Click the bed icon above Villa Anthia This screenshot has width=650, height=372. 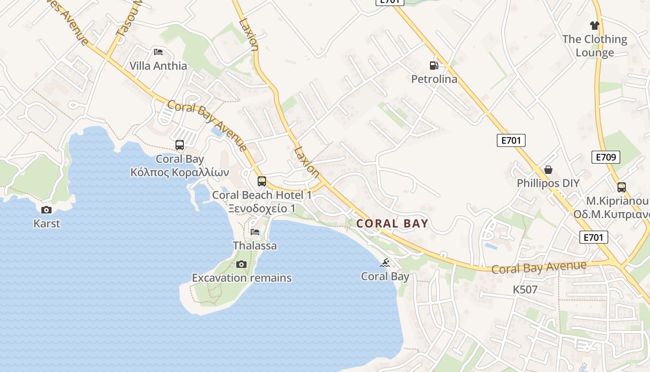pos(158,52)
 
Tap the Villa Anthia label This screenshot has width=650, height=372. pos(158,66)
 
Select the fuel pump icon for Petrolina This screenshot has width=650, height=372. pos(434,66)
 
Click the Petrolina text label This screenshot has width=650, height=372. pos(434,79)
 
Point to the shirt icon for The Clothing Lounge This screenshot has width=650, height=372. pos(595,26)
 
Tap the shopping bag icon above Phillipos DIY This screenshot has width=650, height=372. pos(548,170)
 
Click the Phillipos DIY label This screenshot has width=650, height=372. pos(548,183)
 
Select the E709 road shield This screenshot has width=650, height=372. pos(606,157)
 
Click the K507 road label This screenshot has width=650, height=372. pos(525,290)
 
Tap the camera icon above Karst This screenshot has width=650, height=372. pos(46,210)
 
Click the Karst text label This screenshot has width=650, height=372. pos(46,224)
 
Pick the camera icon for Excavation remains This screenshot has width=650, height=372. pos(241,264)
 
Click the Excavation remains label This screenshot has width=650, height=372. pos(242,278)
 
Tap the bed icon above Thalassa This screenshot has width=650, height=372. pos(255,232)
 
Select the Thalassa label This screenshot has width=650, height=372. pos(255,246)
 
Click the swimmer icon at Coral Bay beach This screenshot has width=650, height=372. pos(385,263)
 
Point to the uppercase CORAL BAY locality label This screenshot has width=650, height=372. pos(392,224)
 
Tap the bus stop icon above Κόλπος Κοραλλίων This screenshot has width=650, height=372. pos(180,145)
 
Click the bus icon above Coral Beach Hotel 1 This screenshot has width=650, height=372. pos(262,181)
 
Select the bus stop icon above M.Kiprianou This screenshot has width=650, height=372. pos(622,187)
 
